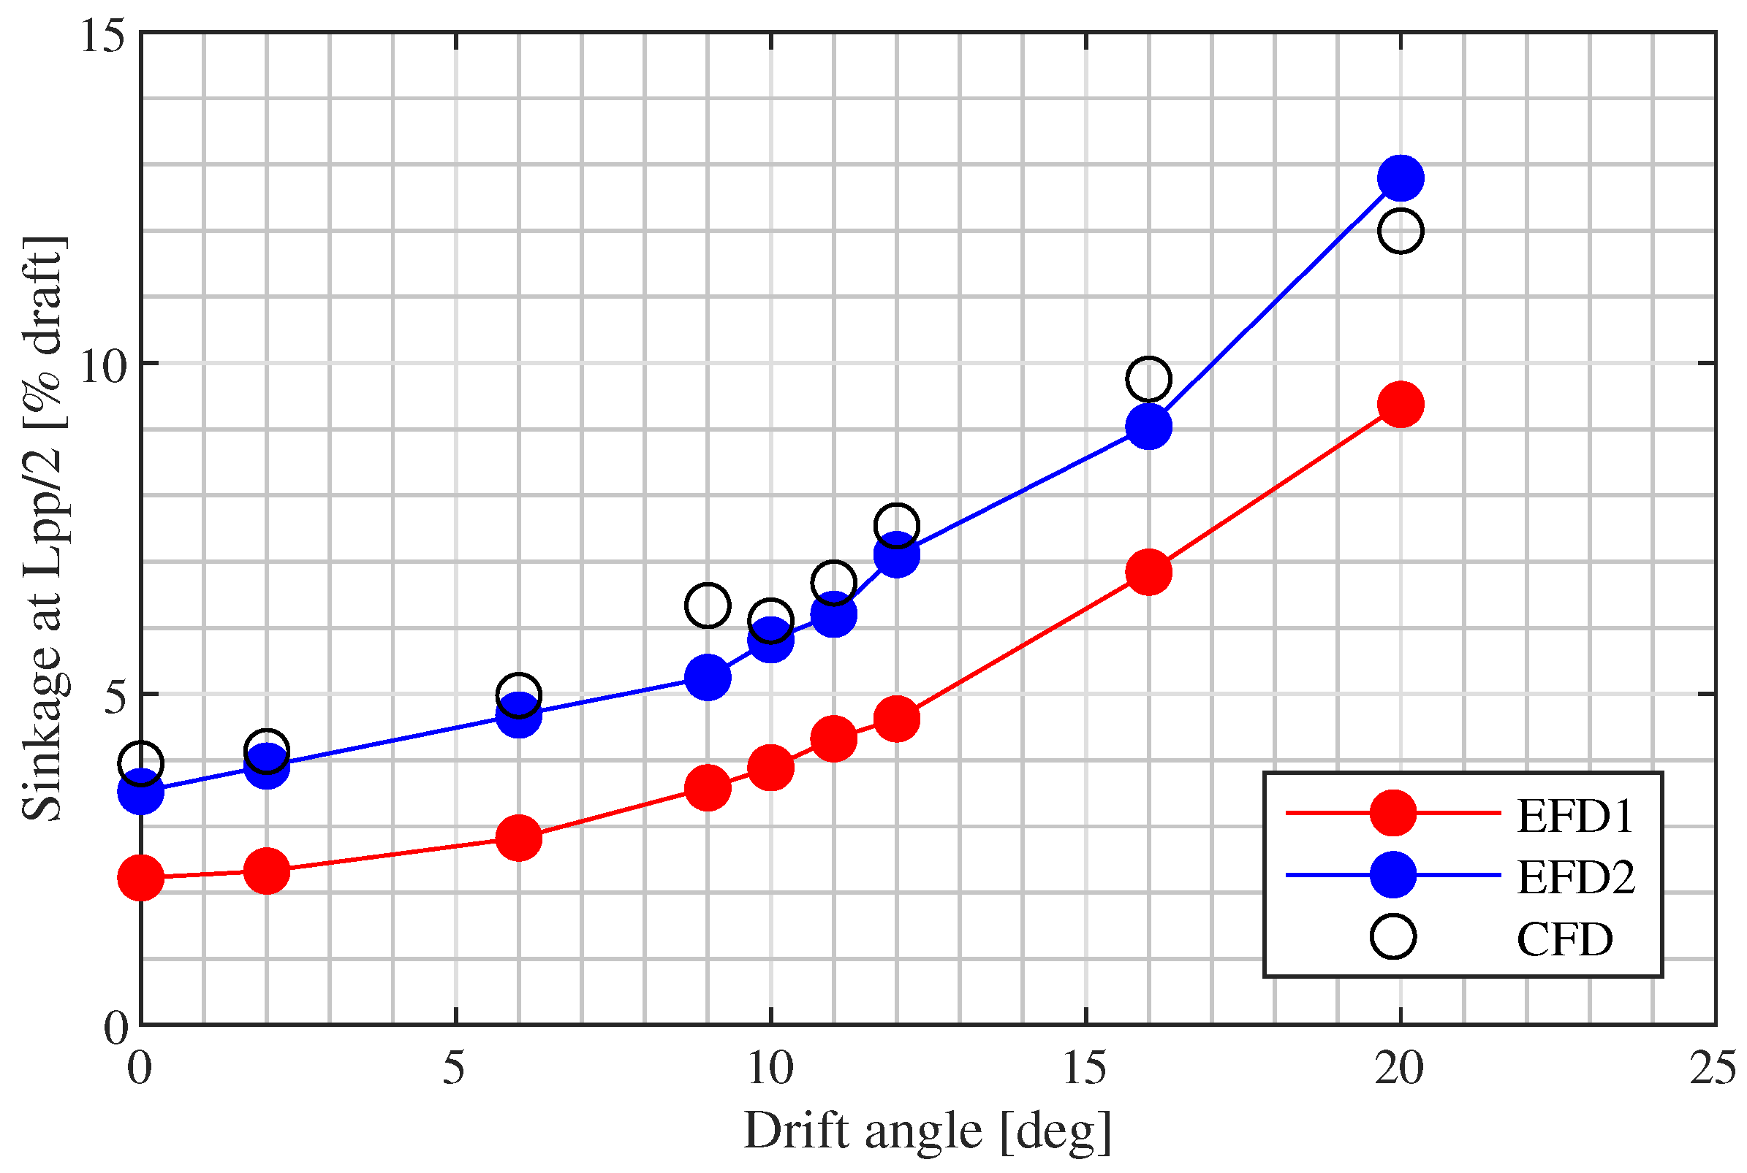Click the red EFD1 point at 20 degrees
tap(1401, 405)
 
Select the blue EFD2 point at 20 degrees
tap(1401, 178)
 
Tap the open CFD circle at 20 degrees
tap(1401, 231)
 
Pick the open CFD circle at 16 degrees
tap(1148, 379)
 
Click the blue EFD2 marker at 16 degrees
tap(1148, 427)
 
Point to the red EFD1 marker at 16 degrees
tap(1148, 572)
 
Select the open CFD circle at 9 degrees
tap(707, 605)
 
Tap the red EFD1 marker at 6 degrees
tap(519, 838)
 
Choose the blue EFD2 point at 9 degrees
tap(707, 677)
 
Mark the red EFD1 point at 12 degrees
tap(896, 718)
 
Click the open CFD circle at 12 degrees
tap(896, 526)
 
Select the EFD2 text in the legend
tap(1577, 877)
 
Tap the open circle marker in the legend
tap(1393, 936)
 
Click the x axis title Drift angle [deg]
tap(927, 1132)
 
